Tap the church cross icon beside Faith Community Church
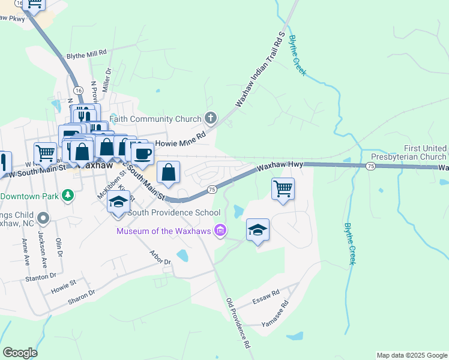[209, 117]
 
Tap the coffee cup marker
[143, 154]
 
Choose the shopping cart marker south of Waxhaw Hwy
[283, 189]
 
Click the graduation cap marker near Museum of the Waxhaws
[258, 230]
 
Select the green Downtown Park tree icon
[68, 195]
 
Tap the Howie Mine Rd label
[180, 143]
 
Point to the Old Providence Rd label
[237, 323]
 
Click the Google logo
[20, 352]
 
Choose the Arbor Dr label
[160, 258]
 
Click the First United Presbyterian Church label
[408, 152]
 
